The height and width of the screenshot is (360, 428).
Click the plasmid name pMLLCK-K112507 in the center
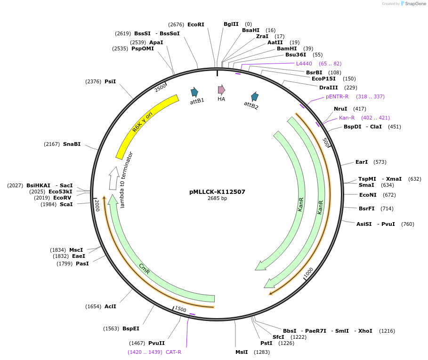pyautogui.click(x=217, y=192)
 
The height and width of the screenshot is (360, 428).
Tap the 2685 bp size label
pyautogui.click(x=217, y=199)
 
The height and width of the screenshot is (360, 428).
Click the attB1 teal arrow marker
pyautogui.click(x=194, y=92)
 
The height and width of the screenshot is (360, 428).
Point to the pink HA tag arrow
pyautogui.click(x=221, y=90)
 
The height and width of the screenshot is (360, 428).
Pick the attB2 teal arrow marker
pyautogui.click(x=255, y=96)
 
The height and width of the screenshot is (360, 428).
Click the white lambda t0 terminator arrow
pyautogui.click(x=113, y=177)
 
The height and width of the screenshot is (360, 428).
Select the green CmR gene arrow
pyautogui.click(x=151, y=273)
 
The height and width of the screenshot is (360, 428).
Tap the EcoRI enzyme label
pyautogui.click(x=196, y=24)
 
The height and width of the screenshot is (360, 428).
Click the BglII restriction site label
pyautogui.click(x=231, y=24)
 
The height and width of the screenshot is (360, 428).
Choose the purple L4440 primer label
pyautogui.click(x=304, y=64)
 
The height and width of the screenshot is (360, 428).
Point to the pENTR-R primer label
pyautogui.click(x=337, y=96)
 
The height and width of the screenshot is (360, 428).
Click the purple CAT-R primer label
pyautogui.click(x=173, y=352)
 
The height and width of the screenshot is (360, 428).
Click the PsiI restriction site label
pyautogui.click(x=110, y=81)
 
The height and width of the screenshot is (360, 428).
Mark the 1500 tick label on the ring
pyautogui.click(x=180, y=309)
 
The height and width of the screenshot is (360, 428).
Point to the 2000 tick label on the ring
pyautogui.click(x=97, y=205)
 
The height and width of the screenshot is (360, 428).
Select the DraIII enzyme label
pyautogui.click(x=328, y=88)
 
